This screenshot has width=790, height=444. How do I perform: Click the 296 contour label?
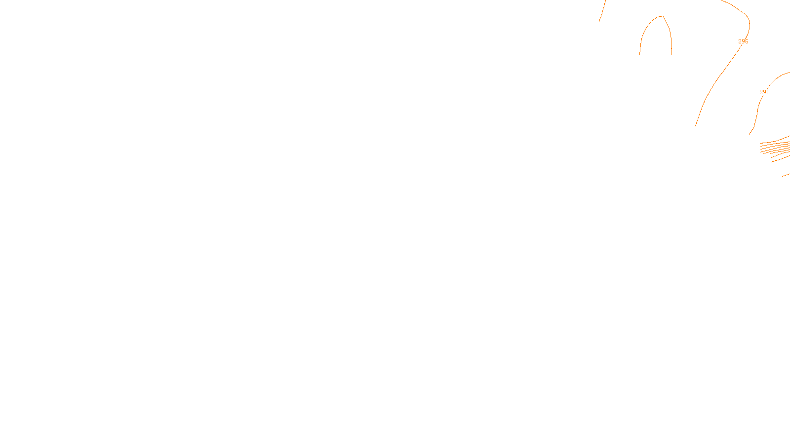click(743, 41)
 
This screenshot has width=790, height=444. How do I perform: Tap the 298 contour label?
click(764, 92)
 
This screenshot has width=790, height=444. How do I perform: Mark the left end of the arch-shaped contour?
click(640, 54)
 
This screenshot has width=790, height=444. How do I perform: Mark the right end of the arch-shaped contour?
click(671, 54)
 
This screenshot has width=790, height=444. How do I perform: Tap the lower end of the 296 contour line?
click(696, 126)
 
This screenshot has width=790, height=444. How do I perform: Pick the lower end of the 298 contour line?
click(750, 134)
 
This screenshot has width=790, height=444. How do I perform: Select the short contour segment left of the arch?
click(602, 11)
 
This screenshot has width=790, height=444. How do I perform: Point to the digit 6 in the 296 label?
click(747, 41)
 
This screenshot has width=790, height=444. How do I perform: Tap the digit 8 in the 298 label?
click(768, 92)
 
